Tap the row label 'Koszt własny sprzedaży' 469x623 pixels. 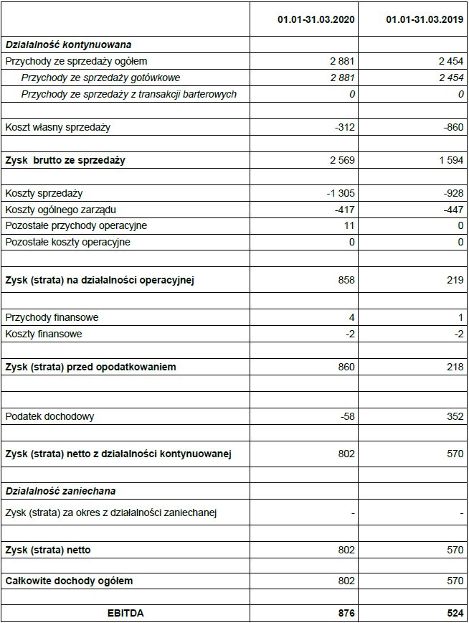click(58, 127)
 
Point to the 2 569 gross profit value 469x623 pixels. click(341, 160)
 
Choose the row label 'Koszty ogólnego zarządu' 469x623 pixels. click(60, 210)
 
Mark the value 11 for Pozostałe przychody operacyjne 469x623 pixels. click(349, 225)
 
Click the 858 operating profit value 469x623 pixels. click(346, 280)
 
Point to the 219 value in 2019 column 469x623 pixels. click(455, 280)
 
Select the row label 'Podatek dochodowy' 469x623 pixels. click(49, 416)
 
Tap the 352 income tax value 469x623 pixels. click(455, 416)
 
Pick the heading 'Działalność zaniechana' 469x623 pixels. click(60, 491)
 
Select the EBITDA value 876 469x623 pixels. click(346, 613)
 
